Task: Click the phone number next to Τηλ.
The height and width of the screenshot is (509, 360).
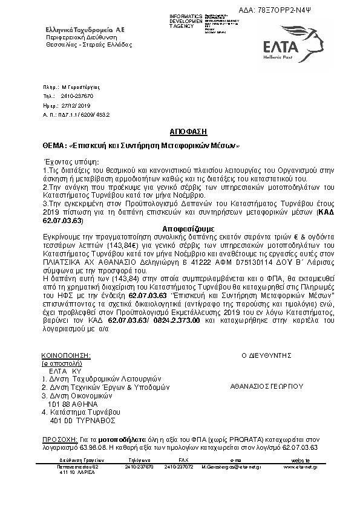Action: [x=77, y=96]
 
